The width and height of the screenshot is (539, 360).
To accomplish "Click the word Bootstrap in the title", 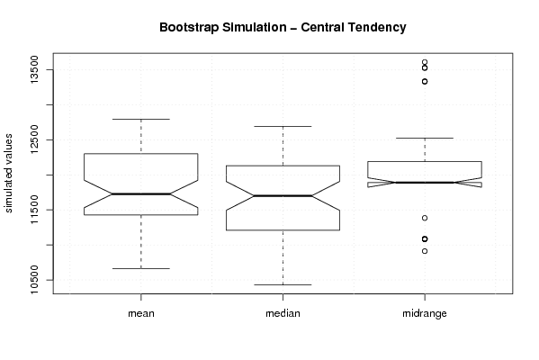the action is (189, 28).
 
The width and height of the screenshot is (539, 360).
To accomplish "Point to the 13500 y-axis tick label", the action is (35, 70).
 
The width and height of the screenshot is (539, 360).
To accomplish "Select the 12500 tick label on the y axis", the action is (35, 139).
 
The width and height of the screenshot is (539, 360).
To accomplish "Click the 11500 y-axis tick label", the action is (35, 210).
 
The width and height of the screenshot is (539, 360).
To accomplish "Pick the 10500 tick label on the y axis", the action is (35, 280).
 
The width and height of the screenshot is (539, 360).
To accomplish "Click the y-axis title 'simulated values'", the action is (8, 174).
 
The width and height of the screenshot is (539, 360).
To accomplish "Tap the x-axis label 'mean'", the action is (141, 313).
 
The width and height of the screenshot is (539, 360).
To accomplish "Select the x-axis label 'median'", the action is (283, 313).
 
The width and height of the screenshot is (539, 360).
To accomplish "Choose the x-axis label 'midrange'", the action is (425, 313).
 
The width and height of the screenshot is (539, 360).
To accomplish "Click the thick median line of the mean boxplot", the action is (141, 193).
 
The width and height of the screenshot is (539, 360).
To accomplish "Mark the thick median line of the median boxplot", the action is (283, 195).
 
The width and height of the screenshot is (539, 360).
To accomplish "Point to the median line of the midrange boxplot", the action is (425, 182).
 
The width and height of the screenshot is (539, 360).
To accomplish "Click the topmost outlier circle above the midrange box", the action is (425, 62).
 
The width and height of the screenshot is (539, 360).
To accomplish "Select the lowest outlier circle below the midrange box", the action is (425, 251).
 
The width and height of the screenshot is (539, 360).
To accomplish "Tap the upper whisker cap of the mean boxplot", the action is (141, 120).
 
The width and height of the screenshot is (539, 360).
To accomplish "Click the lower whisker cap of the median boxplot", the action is (283, 284).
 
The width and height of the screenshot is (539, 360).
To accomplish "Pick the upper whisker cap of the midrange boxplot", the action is (425, 139).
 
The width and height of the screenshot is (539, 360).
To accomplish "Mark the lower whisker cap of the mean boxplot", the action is (141, 268).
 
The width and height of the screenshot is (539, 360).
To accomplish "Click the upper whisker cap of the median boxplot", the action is (283, 127).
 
